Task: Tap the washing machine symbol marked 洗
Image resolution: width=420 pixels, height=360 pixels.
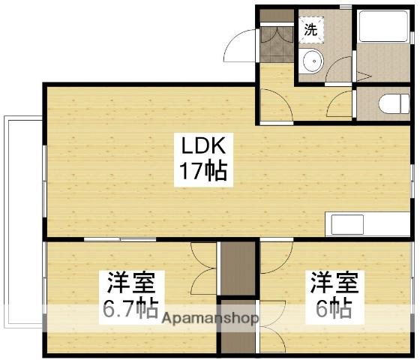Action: coord(310,29)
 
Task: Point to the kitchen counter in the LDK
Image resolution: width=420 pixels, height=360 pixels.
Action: coord(368,224)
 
